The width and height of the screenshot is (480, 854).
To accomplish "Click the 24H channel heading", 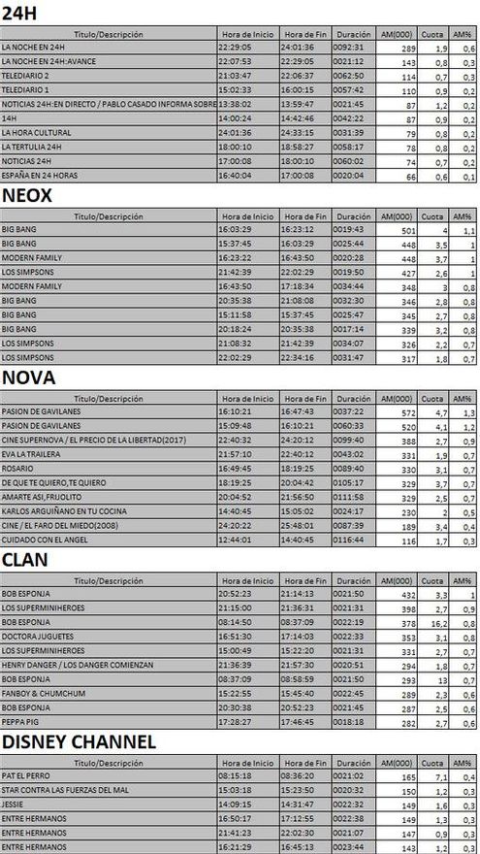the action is (20, 14).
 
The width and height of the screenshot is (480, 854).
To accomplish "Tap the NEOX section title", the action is (27, 195).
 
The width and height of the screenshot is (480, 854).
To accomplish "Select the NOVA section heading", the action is (29, 377).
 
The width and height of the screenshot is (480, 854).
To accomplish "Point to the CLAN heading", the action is (26, 560).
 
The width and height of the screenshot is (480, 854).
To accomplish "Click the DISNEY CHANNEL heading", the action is (80, 742).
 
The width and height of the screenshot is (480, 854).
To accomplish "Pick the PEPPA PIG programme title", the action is (19, 722).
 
